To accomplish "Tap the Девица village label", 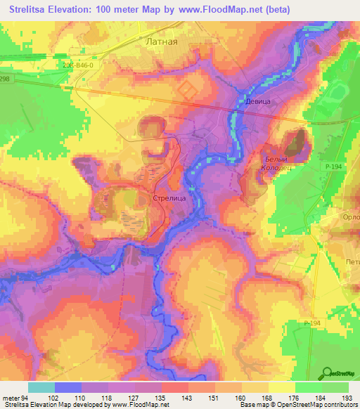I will coord(257,101).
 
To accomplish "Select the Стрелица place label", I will coord(169,199).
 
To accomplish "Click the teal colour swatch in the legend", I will coord(41,387).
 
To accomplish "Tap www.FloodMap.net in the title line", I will coord(219,10).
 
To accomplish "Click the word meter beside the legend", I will coord(13,397).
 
